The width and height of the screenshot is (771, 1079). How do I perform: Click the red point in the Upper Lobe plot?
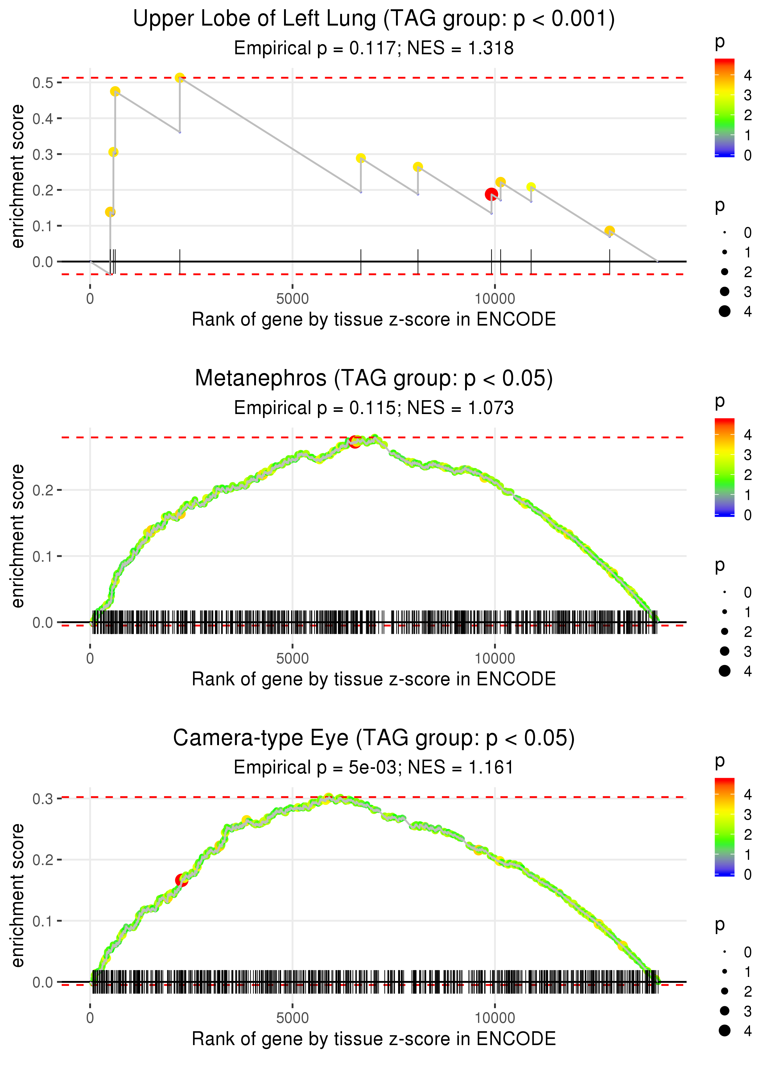coord(491,194)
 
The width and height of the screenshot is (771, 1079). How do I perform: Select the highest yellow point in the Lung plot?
coord(179,78)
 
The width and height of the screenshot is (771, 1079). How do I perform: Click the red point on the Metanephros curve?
coord(355,442)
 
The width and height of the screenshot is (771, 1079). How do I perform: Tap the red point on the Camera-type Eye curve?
coord(181,880)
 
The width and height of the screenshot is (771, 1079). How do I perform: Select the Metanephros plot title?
coord(374,379)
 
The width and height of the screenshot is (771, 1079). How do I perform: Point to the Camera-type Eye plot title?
coord(374,738)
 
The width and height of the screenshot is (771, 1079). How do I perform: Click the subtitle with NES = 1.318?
coord(374,48)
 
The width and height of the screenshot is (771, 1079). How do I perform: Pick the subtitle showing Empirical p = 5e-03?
coord(374,767)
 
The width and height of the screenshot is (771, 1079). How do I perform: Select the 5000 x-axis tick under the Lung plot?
coord(292,299)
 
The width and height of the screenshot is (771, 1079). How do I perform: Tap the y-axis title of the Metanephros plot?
coord(18,536)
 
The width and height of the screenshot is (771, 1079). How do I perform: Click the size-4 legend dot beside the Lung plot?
coord(724,311)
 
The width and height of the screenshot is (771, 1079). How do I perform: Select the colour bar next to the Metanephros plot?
coord(724,467)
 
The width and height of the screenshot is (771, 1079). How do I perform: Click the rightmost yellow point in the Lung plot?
coord(610,231)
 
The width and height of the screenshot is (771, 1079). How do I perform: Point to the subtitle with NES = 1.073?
coord(374,408)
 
